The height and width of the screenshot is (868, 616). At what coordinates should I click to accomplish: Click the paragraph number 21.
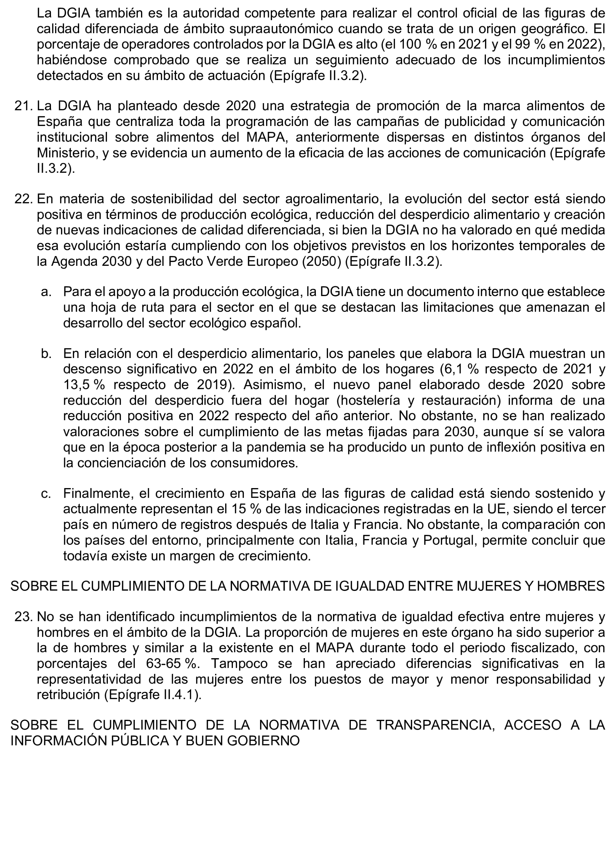coord(23,106)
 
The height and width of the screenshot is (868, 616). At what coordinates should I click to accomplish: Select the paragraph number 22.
coord(23,199)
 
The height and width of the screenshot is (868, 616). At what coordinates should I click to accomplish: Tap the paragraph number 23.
coord(23,617)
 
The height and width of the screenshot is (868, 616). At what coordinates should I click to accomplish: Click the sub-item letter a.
coord(46,292)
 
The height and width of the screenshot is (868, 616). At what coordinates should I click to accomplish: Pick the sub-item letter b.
coord(46,353)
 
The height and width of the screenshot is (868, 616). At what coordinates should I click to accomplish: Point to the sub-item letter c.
coord(46,493)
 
